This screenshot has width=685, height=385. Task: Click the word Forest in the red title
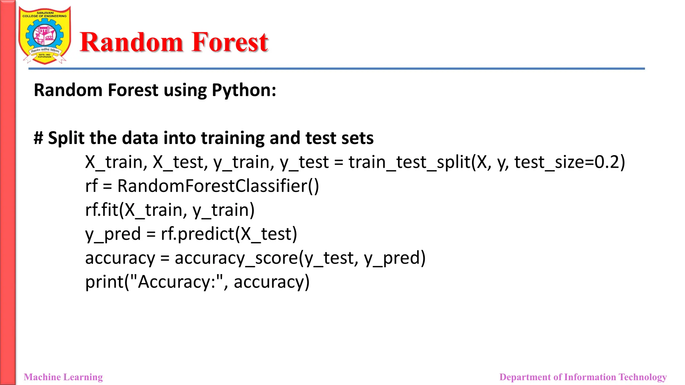pyautogui.click(x=230, y=42)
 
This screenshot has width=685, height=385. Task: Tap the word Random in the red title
pyautogui.click(x=131, y=42)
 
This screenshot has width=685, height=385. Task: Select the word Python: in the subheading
pyautogui.click(x=244, y=91)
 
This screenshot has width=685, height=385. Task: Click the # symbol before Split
pyautogui.click(x=38, y=138)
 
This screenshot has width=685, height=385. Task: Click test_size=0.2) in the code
pyautogui.click(x=569, y=162)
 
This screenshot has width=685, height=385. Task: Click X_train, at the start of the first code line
pyautogui.click(x=116, y=162)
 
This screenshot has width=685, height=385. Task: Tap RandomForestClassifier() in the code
pyautogui.click(x=218, y=186)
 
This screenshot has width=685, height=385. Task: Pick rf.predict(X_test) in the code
pyautogui.click(x=229, y=234)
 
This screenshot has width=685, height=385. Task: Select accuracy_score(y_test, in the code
pyautogui.click(x=266, y=258)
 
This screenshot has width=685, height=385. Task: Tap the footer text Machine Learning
pyautogui.click(x=63, y=377)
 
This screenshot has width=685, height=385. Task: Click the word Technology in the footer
pyautogui.click(x=643, y=377)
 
